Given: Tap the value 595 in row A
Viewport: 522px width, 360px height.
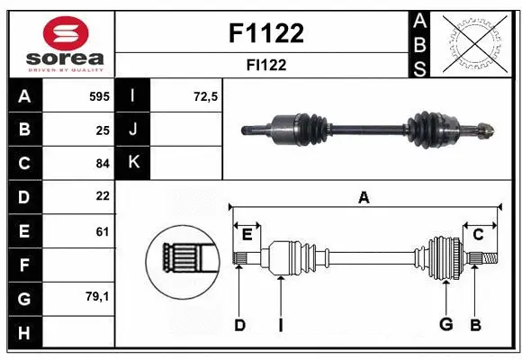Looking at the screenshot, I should click(99, 95).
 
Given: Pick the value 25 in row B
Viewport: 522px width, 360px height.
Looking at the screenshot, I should click(102, 130).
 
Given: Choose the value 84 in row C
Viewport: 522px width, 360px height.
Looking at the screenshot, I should click(102, 163).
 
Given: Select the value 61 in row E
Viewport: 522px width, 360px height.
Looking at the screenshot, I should click(102, 231).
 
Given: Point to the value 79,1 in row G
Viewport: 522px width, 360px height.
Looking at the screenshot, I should click(98, 296).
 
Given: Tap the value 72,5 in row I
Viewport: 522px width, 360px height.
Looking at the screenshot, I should click(206, 95).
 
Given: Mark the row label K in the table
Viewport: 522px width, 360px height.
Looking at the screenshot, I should click(133, 163).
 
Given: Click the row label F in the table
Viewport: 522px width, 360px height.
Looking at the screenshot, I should click(23, 265).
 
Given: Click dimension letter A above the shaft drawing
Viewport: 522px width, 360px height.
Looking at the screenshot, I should click(364, 197).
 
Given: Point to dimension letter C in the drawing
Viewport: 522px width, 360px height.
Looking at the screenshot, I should click(478, 234).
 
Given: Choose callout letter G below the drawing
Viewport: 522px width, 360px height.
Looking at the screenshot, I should click(445, 325).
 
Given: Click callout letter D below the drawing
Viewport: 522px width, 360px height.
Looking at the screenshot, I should click(239, 325).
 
